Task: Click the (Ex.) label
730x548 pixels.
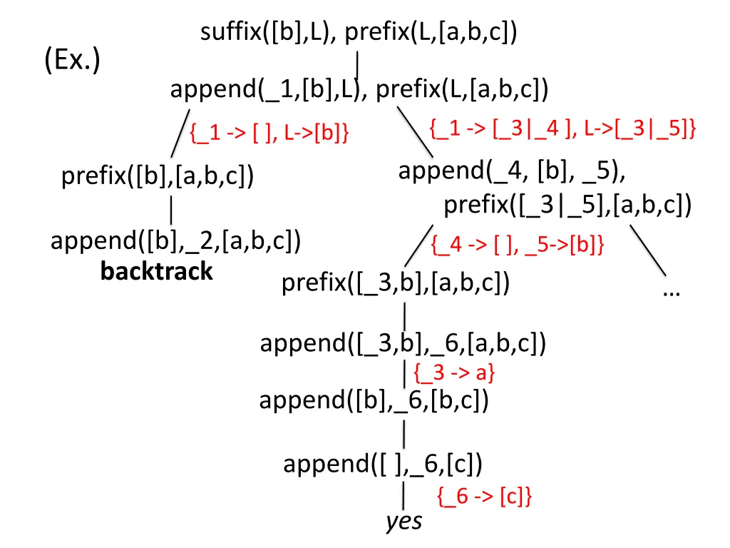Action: point(71,61)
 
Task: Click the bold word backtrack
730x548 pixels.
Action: point(157,271)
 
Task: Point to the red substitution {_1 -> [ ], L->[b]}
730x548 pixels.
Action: point(269,133)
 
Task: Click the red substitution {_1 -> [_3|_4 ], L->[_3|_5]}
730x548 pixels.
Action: point(563,128)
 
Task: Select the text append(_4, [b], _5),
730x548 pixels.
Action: point(513,171)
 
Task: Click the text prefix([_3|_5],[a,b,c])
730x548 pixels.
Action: point(567,205)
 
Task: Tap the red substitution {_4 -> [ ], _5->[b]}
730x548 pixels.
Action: point(518,245)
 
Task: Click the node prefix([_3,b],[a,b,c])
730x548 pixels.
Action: point(396,283)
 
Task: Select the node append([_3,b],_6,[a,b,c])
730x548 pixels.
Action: point(403,344)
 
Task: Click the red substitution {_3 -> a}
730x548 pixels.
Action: point(454,372)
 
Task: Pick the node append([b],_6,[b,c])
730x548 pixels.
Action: point(374,400)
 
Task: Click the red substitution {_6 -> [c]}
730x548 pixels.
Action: point(484,497)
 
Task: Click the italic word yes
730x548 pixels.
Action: point(404,522)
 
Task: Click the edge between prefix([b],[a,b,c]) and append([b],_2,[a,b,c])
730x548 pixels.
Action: point(171,210)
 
